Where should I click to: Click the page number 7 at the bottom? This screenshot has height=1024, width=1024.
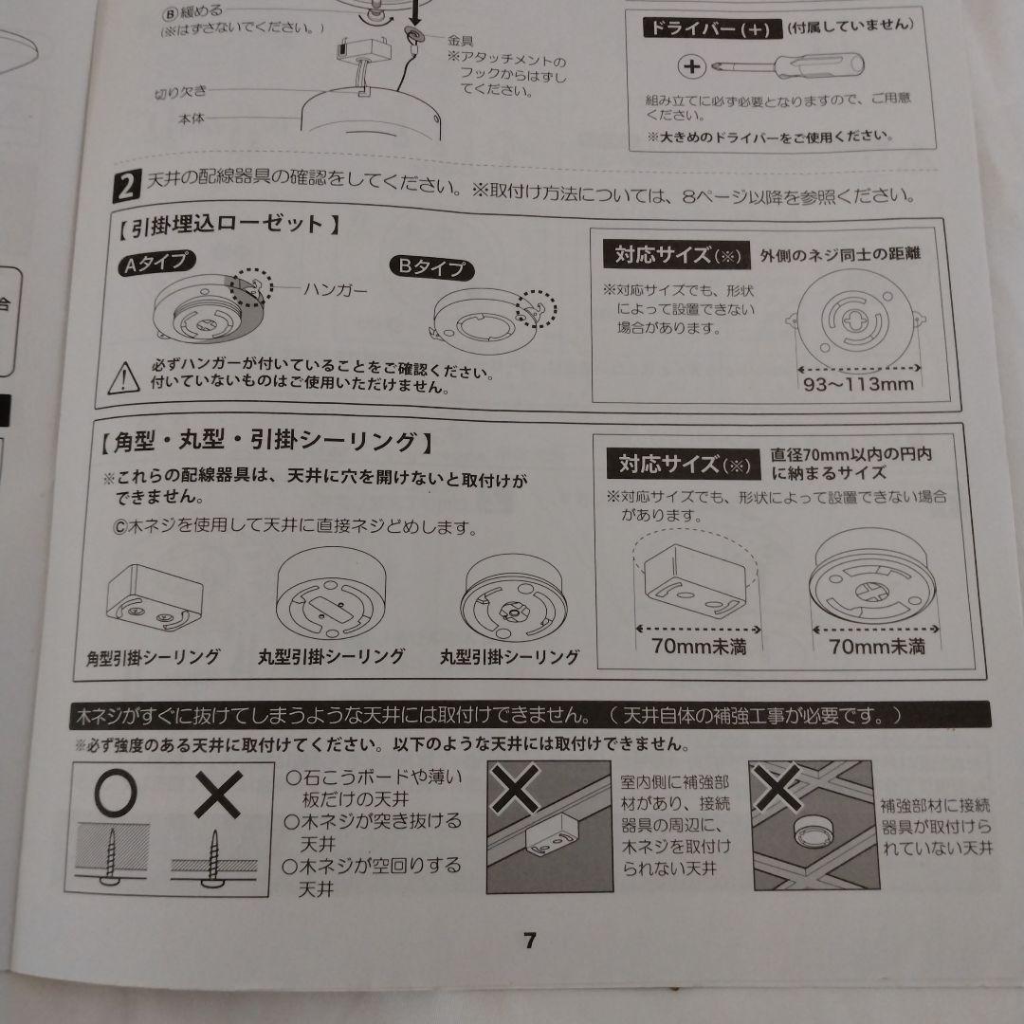[x=530, y=941]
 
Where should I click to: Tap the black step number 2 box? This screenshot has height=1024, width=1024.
[x=127, y=186]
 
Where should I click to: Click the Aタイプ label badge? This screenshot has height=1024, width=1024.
[x=156, y=264]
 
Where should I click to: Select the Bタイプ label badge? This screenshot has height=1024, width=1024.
[x=431, y=267]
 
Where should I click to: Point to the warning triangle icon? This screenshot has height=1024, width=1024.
[x=123, y=378]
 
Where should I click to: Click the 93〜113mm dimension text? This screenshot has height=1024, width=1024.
[x=858, y=383]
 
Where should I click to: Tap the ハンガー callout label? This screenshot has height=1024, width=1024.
[x=336, y=288]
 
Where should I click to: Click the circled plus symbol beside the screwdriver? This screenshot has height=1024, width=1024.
[x=691, y=66]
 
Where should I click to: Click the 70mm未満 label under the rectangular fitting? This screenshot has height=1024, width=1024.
[x=699, y=647]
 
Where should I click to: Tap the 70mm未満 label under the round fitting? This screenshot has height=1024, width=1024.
[x=876, y=647]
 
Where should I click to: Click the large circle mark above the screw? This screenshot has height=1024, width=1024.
[x=116, y=794]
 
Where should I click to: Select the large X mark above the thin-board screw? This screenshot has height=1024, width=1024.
[x=218, y=795]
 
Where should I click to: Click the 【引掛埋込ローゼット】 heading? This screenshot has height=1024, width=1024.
[x=229, y=226]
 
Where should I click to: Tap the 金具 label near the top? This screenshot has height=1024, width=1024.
[x=461, y=41]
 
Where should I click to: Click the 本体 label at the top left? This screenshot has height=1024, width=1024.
[x=191, y=119]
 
